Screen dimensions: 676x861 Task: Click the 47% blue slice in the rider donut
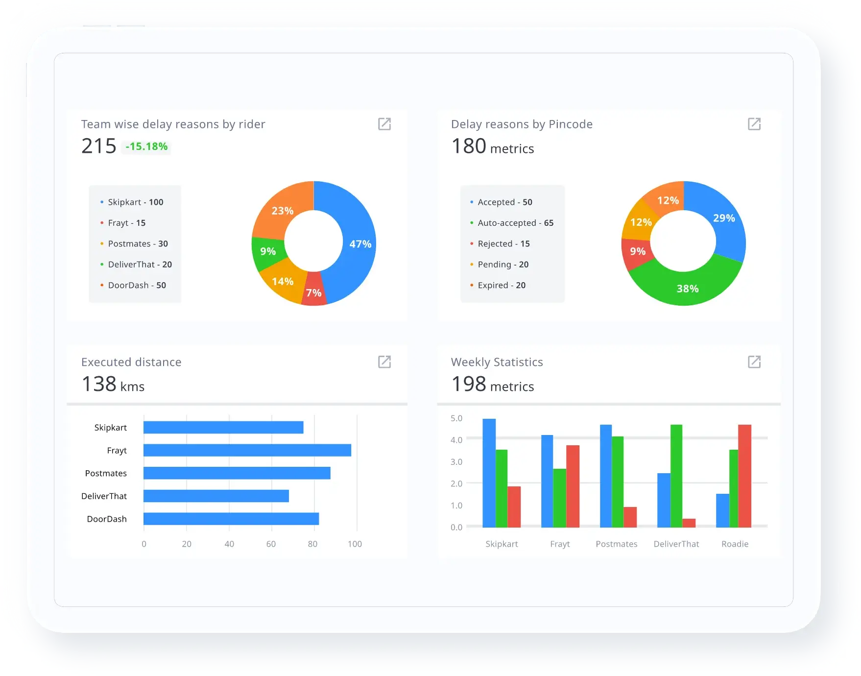click(360, 243)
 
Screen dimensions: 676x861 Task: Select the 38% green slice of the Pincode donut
click(687, 289)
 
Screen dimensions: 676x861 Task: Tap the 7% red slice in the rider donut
click(314, 293)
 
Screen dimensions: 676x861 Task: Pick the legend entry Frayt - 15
click(126, 223)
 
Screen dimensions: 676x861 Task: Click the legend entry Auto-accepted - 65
click(515, 223)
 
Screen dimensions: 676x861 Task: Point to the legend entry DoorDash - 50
click(137, 285)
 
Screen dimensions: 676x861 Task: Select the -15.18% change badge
click(146, 146)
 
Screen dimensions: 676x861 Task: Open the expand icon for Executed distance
click(384, 362)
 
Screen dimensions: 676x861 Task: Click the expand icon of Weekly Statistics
click(754, 362)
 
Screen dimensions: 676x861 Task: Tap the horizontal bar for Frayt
click(247, 450)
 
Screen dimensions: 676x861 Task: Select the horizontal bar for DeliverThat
click(216, 496)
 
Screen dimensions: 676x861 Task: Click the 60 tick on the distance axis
click(271, 544)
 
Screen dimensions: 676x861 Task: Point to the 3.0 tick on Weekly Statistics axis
click(456, 461)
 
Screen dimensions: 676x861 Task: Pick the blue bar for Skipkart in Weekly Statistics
click(489, 473)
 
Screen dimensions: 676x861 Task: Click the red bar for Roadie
click(744, 476)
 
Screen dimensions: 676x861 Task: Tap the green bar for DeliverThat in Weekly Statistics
click(676, 476)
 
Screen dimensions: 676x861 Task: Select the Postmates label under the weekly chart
click(616, 544)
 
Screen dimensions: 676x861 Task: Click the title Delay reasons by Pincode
click(522, 124)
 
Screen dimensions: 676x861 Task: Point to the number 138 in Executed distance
click(99, 384)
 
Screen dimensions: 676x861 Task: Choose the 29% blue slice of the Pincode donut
click(723, 218)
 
